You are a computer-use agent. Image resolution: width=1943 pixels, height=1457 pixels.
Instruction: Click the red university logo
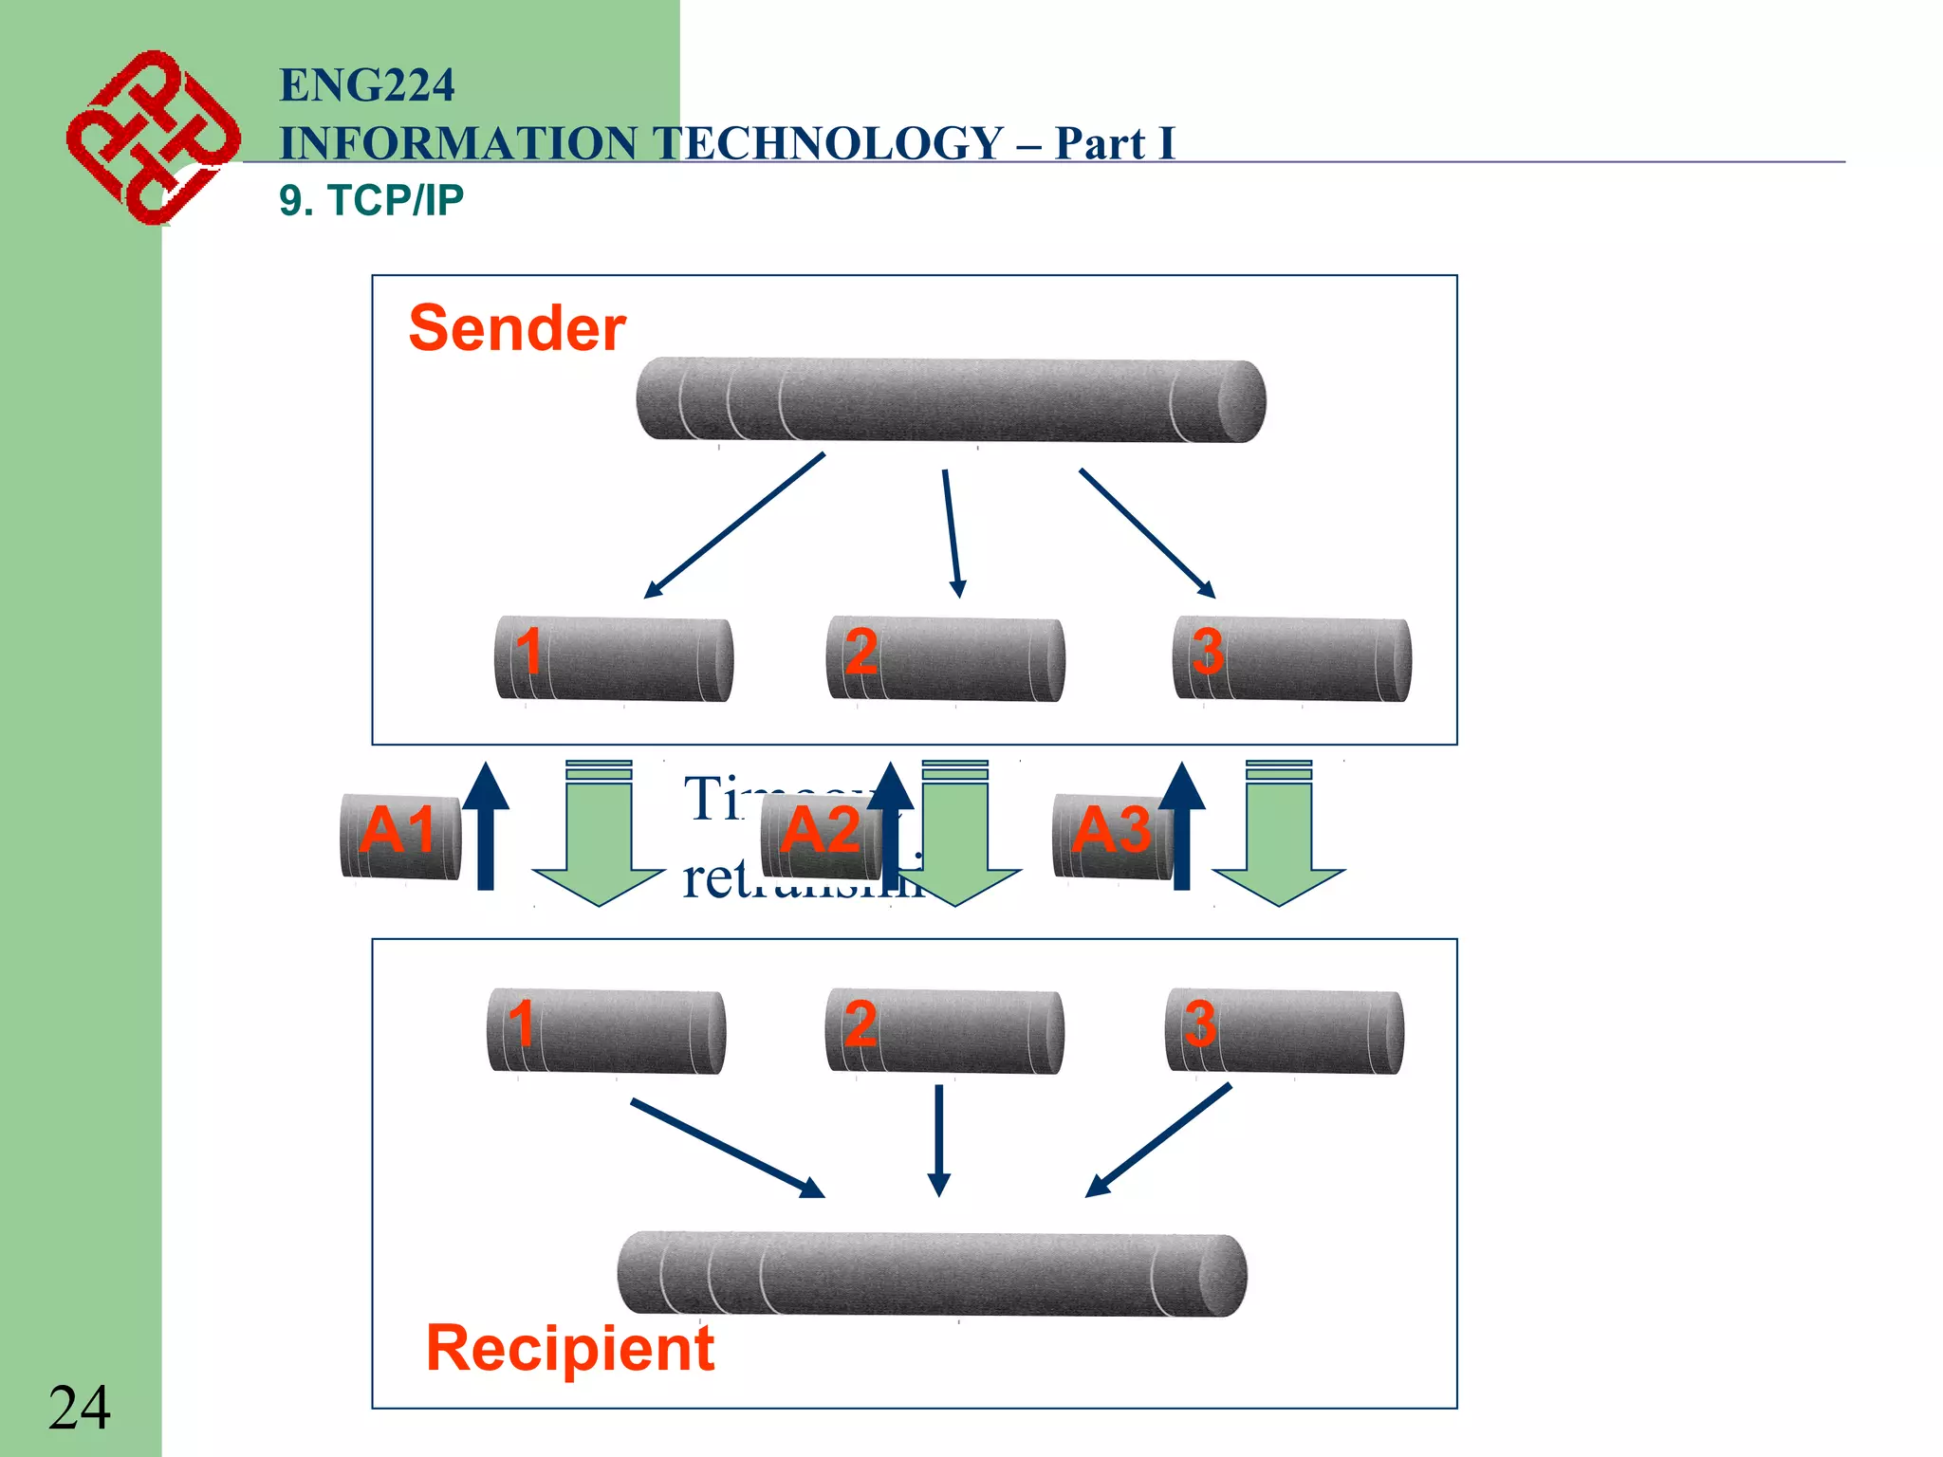pyautogui.click(x=152, y=138)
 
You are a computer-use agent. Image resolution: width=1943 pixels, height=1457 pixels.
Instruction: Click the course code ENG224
pyautogui.click(x=366, y=85)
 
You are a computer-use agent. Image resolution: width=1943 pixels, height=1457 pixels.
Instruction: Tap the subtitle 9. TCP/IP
pyautogui.click(x=371, y=200)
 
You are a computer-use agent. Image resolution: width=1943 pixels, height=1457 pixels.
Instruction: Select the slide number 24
pyautogui.click(x=79, y=1408)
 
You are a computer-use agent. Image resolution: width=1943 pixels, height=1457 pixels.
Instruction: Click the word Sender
pyautogui.click(x=516, y=328)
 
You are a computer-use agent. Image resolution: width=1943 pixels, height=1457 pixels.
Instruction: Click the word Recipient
pyautogui.click(x=569, y=1348)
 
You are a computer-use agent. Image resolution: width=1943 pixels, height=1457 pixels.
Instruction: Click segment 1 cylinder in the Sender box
pyautogui.click(x=615, y=659)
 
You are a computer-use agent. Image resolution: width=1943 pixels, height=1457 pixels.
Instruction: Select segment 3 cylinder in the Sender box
pyautogui.click(x=1292, y=659)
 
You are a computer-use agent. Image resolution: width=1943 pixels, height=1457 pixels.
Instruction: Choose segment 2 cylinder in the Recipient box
pyautogui.click(x=945, y=1031)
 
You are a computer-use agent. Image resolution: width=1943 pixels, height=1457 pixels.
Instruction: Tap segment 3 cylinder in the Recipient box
pyautogui.click(x=1285, y=1031)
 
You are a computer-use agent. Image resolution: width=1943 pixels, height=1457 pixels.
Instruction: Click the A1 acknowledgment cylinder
pyautogui.click(x=400, y=836)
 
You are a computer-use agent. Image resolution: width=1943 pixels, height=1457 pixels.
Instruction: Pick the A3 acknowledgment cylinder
pyautogui.click(x=1112, y=836)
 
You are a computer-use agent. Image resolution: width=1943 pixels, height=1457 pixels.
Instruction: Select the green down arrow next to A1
pyautogui.click(x=599, y=835)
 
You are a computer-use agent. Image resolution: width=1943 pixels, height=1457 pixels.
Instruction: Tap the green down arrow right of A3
pyautogui.click(x=1278, y=835)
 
